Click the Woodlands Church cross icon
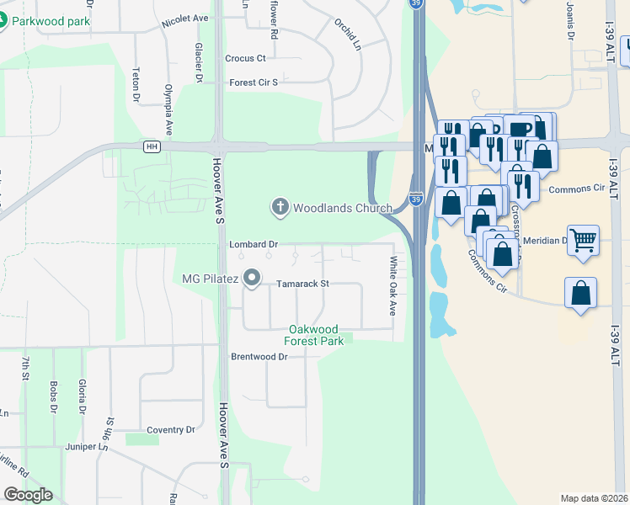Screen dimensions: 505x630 tap(280, 206)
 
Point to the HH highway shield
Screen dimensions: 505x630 tap(152, 146)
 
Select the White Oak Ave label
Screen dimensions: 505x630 tap(392, 286)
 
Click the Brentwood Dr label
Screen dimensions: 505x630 tap(259, 357)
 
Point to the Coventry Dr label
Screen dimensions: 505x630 tap(170, 430)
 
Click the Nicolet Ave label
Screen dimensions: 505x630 tap(185, 18)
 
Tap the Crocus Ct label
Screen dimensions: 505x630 tap(245, 58)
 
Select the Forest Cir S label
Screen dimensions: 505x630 tap(253, 82)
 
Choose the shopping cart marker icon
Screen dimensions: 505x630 tap(583, 241)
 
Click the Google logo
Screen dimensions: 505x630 tap(28, 494)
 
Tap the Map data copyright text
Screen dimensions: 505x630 tap(593, 498)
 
